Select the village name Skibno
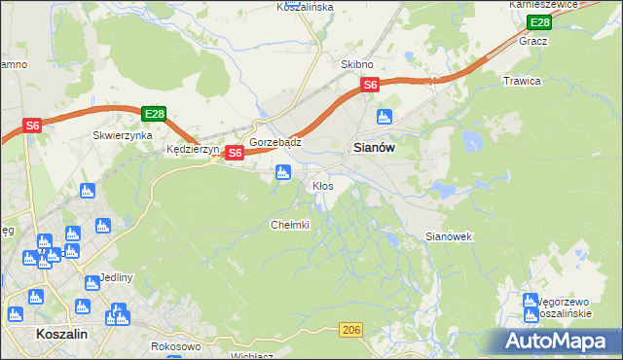357,64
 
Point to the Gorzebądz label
275,142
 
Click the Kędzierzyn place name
194,150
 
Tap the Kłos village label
323,185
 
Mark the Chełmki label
289,225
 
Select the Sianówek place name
450,236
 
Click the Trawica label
522,81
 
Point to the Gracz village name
534,42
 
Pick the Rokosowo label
176,346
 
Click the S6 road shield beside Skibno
370,86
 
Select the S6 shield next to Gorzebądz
235,153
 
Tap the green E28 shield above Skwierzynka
154,114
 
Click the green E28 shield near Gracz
538,21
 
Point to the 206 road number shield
352,332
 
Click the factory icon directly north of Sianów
385,117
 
